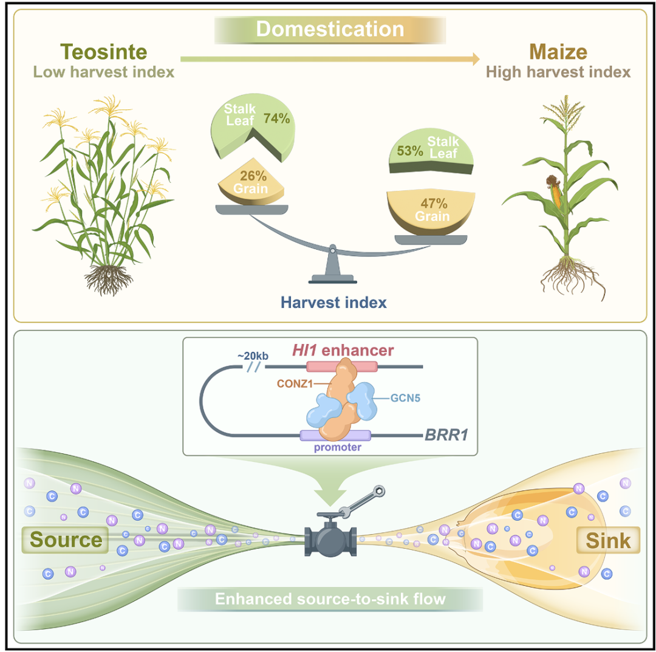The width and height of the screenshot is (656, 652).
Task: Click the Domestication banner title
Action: point(330,29)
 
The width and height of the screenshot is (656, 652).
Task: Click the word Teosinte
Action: point(104,52)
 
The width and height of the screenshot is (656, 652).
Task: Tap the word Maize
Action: point(558,52)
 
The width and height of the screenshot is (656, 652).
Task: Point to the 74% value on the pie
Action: point(276,118)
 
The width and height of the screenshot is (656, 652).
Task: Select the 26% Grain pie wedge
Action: point(251,182)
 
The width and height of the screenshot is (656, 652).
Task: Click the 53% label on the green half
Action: point(409,151)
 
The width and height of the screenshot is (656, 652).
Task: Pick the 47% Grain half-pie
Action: point(431,212)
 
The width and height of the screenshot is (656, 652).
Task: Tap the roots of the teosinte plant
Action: point(108,280)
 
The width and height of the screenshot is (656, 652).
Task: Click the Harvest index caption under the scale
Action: point(333,303)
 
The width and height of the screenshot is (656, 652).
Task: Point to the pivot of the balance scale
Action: point(333,250)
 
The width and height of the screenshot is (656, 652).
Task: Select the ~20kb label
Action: point(253,355)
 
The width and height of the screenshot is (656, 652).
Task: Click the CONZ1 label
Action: point(295,384)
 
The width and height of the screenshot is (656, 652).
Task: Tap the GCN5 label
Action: point(405,398)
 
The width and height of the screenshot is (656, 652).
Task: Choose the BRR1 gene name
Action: point(446,435)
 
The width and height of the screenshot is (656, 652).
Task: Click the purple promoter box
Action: point(335,436)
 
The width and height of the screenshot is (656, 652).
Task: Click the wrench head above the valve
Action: point(379,491)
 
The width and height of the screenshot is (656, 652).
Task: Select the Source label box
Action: point(65,540)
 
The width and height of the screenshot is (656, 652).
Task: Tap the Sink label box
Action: point(608,540)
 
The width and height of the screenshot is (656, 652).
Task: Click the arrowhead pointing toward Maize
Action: point(476,59)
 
